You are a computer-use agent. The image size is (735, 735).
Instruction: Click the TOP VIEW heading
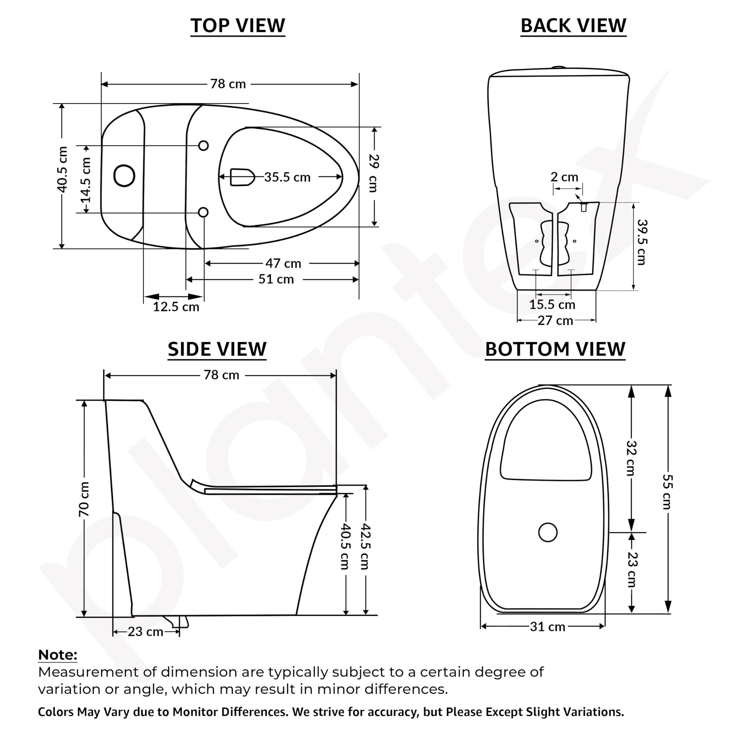click(x=238, y=26)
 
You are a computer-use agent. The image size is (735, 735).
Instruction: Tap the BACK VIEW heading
click(x=573, y=26)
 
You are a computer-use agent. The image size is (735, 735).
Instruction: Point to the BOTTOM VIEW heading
click(x=555, y=349)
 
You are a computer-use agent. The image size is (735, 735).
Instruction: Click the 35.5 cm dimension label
click(x=287, y=177)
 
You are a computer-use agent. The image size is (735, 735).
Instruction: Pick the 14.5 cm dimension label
click(x=86, y=180)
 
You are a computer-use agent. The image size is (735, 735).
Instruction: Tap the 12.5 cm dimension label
click(x=176, y=307)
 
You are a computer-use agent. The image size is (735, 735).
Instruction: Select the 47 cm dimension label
click(x=283, y=263)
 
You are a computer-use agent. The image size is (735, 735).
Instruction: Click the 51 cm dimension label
click(x=276, y=279)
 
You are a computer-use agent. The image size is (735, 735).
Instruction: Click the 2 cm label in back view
click(x=564, y=177)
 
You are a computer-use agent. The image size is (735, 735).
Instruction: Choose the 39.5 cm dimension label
click(x=642, y=242)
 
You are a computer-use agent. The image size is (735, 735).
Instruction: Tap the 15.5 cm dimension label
click(x=552, y=304)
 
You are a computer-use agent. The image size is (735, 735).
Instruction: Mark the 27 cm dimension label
click(x=555, y=321)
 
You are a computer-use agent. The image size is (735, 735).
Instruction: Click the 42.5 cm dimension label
click(x=365, y=547)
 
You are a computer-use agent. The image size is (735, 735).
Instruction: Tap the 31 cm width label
click(x=548, y=626)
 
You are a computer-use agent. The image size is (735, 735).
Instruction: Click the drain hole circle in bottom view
click(x=548, y=533)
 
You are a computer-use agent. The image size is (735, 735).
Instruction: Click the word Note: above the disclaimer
click(x=58, y=655)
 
